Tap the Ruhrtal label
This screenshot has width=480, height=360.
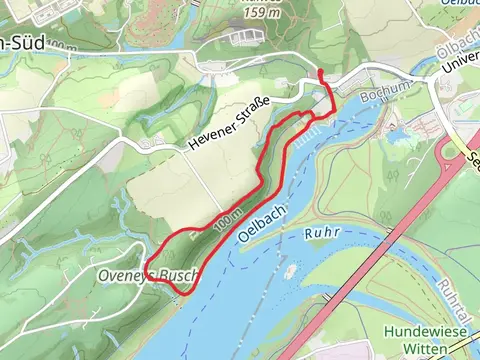coord(455,300)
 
